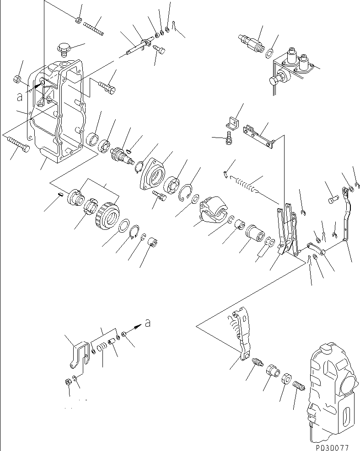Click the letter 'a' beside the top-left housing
(x=19, y=97)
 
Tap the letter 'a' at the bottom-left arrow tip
(x=147, y=323)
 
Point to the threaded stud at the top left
(x=94, y=28)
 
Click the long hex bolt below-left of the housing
(x=18, y=146)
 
